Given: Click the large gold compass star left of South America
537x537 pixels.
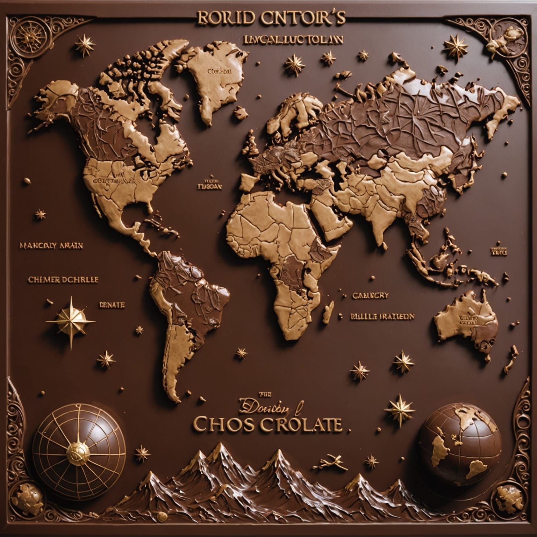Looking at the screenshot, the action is click(x=71, y=320).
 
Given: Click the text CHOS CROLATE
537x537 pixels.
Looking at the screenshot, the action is click(x=267, y=424).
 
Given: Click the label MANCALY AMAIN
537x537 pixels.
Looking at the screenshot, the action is click(x=51, y=245).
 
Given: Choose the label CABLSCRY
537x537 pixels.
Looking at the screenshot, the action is click(x=370, y=295).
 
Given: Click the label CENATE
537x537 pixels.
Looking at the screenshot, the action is click(x=112, y=305).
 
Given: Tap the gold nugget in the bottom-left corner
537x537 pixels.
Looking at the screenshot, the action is click(x=30, y=495).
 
